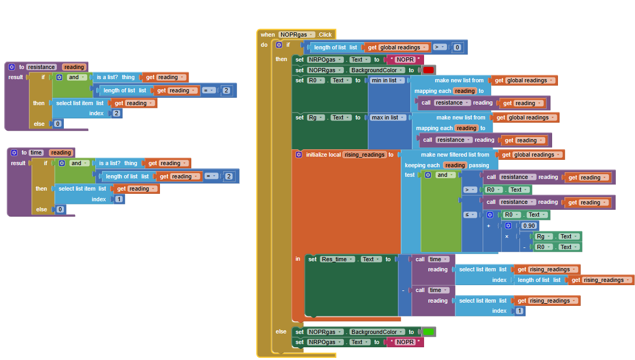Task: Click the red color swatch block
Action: (428, 70)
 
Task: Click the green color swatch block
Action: (428, 332)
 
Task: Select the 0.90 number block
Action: (529, 226)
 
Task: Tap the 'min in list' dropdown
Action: (388, 80)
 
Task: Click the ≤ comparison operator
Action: (470, 215)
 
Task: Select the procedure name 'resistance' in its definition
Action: (41, 67)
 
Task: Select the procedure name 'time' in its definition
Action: (36, 152)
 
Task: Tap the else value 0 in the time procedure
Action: (60, 209)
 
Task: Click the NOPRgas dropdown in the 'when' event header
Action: (296, 35)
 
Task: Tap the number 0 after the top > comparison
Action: (457, 47)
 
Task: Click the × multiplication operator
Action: (506, 236)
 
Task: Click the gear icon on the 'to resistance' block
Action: (11, 67)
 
